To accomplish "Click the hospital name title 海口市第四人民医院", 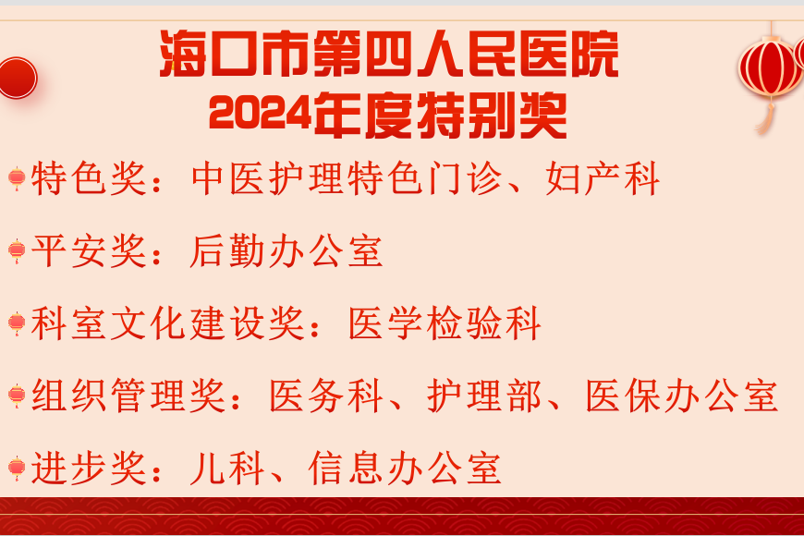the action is point(389,54).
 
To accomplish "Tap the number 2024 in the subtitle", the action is point(261,114).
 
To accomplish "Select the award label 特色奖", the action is point(89,178).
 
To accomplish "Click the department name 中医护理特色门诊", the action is point(347,178).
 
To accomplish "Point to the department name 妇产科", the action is point(603,178).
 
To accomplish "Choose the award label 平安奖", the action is point(89,250).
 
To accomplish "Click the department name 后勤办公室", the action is point(286,250).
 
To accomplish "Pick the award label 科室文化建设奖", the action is point(168,323).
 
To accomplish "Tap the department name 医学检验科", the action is point(445,323).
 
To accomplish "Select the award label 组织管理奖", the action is point(128,396).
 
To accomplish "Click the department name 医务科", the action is point(326,396).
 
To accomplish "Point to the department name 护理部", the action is point(484,396).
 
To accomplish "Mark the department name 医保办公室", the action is point(682,396).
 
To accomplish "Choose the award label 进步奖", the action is point(89,468).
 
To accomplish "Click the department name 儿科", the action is point(226,468).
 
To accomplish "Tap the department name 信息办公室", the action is point(405,468).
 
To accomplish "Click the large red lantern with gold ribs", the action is point(769,69).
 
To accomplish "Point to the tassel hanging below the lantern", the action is point(765,119).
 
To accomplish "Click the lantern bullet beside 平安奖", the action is point(17,250).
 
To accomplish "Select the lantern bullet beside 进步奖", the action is point(17,468).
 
